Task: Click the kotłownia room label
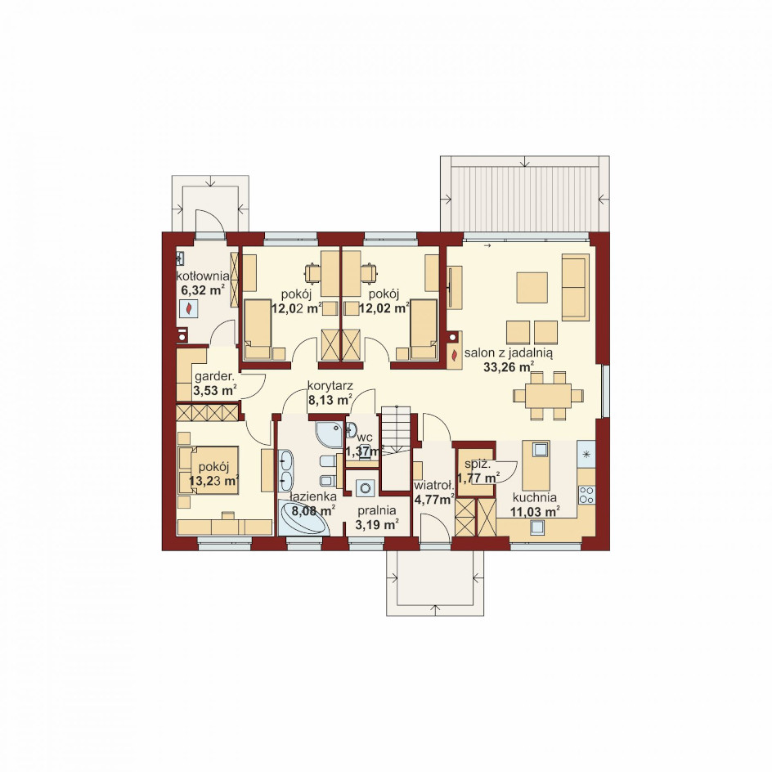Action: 203,276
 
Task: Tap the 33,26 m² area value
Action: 509,367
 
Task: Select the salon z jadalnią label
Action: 509,352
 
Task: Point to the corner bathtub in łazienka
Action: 303,518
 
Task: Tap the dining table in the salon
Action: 548,395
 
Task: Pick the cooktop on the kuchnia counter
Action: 586,495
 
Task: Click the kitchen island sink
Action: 540,449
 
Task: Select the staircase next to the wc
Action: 396,447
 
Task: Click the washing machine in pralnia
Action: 365,488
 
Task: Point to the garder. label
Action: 214,378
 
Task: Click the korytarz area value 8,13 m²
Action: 330,399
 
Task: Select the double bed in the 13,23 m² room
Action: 209,470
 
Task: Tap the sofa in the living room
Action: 576,287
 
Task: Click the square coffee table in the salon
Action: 532,288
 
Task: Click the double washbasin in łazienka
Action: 285,470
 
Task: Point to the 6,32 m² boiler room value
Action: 203,290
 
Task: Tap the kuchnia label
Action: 535,497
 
